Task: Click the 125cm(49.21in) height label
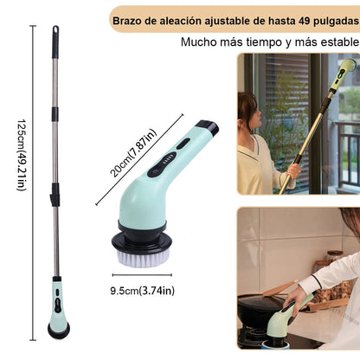tap(22, 155)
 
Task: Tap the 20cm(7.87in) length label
tap(133, 152)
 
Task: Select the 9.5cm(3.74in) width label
tap(143, 291)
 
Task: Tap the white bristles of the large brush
tap(142, 258)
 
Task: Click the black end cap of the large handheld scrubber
tap(208, 127)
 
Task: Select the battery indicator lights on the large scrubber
tap(167, 159)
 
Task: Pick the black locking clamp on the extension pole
tap(55, 195)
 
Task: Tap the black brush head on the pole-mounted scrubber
tap(59, 331)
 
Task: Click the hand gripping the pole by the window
tap(293, 171)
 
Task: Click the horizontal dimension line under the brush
tap(142, 275)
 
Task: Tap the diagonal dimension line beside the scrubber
tap(139, 159)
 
